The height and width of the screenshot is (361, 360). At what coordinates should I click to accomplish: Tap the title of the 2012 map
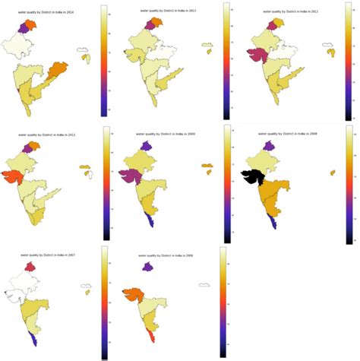point(281,11)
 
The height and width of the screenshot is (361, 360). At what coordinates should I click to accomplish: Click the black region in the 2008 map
point(251,177)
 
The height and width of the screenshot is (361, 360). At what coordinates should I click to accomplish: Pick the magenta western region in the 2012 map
point(257,54)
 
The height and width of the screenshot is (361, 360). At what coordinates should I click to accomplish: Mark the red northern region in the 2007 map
point(30,267)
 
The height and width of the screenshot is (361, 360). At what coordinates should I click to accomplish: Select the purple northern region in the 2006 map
point(144,267)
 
